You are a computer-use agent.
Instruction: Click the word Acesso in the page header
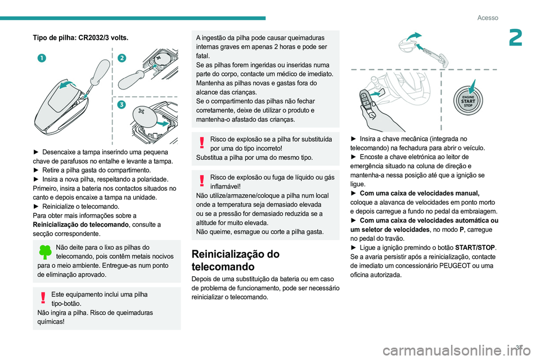[488, 18]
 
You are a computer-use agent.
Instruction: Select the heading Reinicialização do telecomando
[235, 259]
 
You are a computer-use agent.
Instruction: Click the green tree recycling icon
[44, 251]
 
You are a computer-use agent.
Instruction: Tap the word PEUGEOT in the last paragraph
[460, 265]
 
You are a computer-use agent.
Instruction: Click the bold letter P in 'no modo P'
[461, 229]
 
